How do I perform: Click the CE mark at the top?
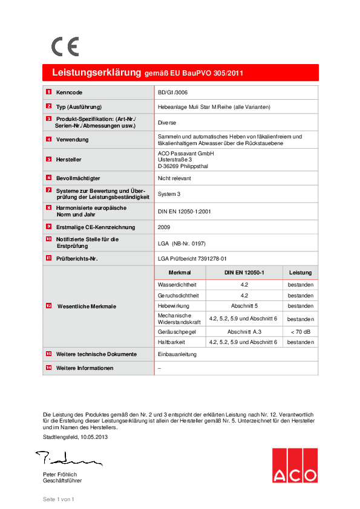point(65,47)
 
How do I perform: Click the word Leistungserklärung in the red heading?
point(97,73)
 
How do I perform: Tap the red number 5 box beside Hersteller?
point(48,159)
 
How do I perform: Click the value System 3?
point(169,194)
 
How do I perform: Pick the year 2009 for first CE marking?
point(163,227)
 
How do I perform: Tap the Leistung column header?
point(300,273)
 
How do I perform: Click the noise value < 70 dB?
point(300,331)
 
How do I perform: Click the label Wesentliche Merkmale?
point(87,306)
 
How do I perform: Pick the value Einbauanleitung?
point(177,354)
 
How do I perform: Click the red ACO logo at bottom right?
point(294,465)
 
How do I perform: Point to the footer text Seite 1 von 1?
point(58,499)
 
